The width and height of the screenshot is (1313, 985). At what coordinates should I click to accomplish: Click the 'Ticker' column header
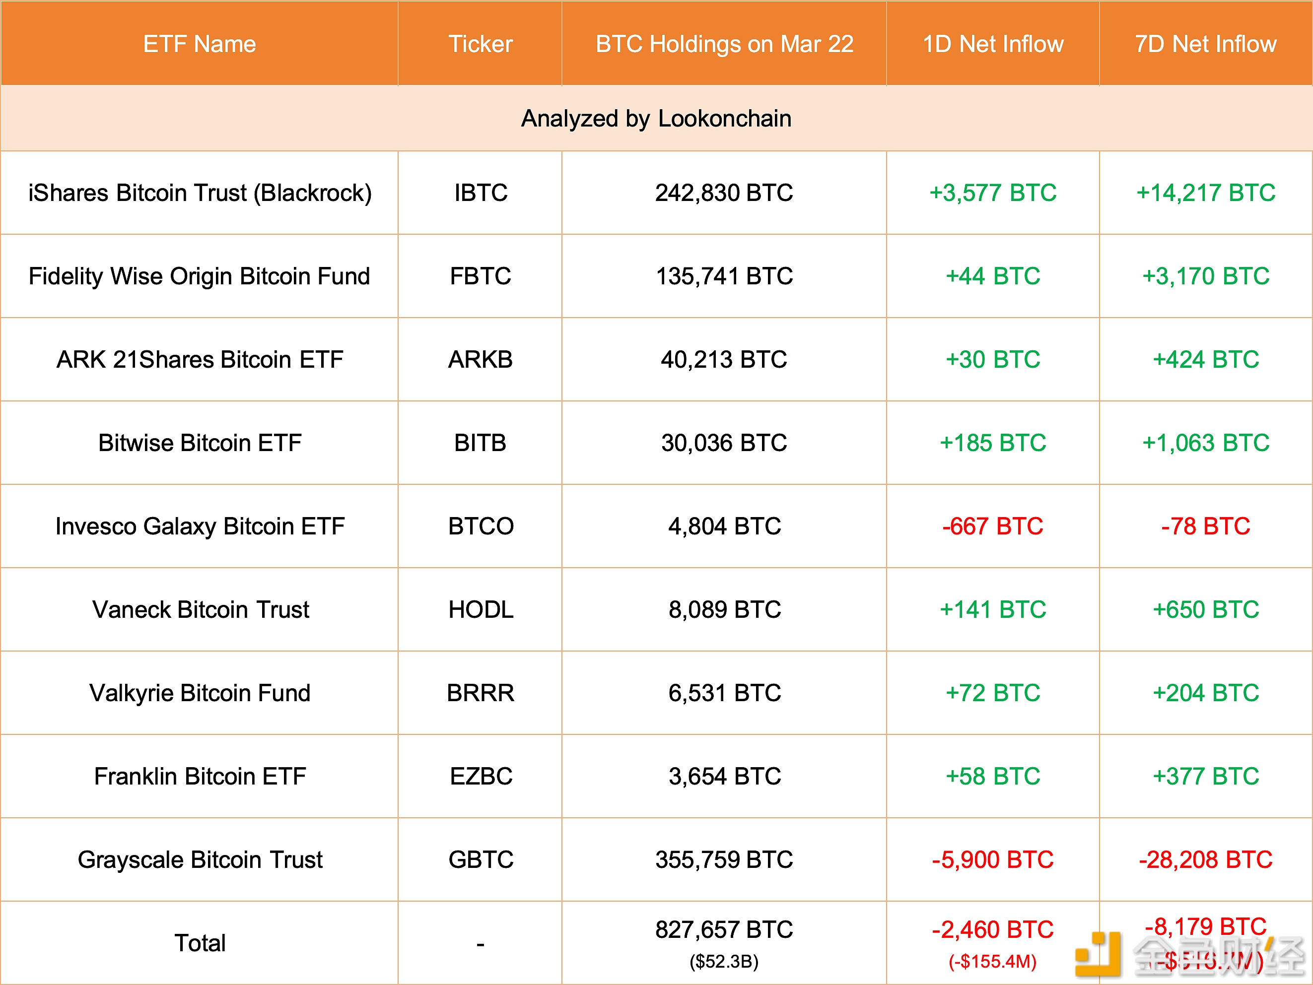pos(480,44)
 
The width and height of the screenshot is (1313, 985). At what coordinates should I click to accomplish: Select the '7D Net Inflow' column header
pos(1206,44)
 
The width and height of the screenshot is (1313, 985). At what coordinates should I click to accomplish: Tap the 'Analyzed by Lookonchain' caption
pos(656,119)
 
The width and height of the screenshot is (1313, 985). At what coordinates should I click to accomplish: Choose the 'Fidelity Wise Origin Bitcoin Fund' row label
pos(200,276)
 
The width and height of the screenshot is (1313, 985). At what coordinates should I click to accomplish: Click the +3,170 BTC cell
pos(1206,276)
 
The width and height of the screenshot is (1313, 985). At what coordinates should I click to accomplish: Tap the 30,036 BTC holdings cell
pos(724,443)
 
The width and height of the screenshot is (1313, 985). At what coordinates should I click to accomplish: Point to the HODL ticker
pos(480,610)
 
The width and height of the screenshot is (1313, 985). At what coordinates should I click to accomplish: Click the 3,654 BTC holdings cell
pos(724,777)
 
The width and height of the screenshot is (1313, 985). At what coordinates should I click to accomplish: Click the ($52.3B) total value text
pos(724,961)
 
